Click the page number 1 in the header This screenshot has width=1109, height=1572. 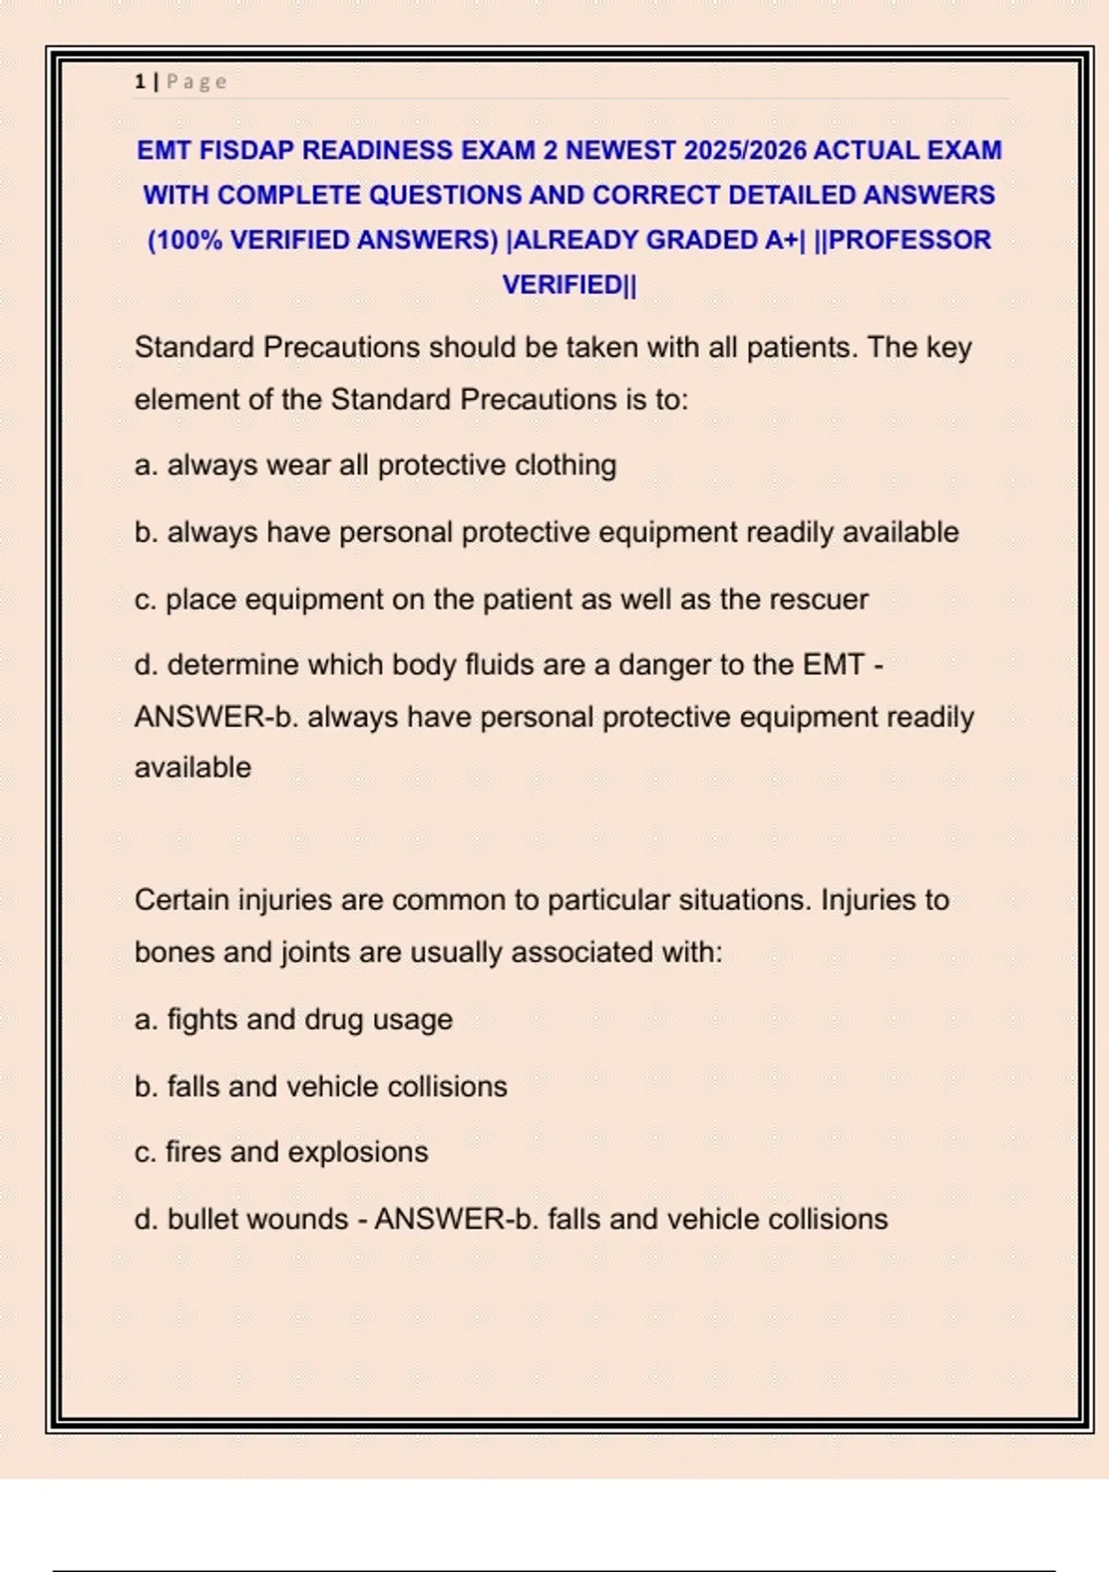140,81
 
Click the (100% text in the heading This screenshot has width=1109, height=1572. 185,239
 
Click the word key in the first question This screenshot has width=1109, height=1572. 949,348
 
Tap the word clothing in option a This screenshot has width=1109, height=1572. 565,465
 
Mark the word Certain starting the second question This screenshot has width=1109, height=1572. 181,900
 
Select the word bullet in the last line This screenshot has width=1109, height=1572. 204,1220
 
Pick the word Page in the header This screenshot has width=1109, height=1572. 197,81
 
